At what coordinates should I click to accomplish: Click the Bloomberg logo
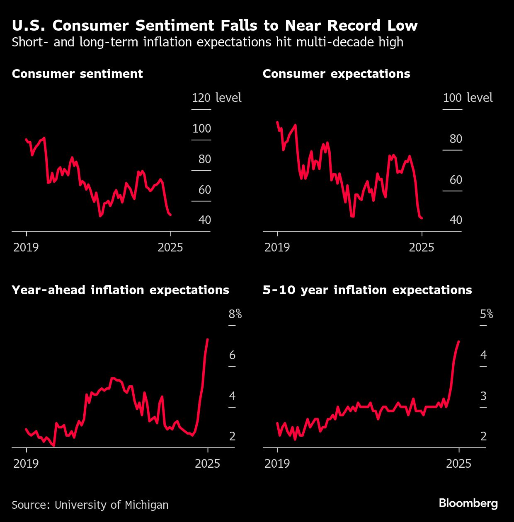click(468, 503)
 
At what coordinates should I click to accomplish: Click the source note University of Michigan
click(90, 505)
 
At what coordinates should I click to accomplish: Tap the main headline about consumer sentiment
click(214, 26)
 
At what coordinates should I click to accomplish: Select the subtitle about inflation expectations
click(207, 42)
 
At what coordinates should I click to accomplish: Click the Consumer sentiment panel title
click(77, 74)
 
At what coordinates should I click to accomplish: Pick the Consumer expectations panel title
click(336, 74)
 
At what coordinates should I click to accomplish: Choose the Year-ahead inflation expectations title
click(120, 290)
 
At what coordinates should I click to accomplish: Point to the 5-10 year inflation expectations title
click(367, 290)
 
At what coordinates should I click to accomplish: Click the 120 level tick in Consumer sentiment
click(201, 98)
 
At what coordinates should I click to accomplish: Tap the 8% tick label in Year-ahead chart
click(235, 314)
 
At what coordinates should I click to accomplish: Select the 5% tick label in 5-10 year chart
click(486, 314)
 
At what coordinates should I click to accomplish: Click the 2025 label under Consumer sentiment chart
click(170, 247)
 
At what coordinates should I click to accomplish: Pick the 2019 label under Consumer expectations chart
click(277, 247)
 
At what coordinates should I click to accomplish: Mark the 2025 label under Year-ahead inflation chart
click(208, 463)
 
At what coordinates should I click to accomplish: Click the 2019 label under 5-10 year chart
click(277, 463)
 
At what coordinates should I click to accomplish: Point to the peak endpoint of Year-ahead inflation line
click(208, 339)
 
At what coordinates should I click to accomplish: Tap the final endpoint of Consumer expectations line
click(422, 218)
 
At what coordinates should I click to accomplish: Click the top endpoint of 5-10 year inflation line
click(458, 341)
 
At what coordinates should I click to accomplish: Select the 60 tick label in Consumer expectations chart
click(456, 180)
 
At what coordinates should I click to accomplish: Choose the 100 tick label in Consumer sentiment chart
click(202, 128)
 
